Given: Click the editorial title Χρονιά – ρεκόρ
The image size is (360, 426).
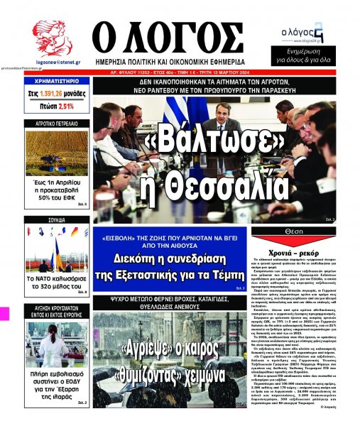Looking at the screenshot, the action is pyautogui.click(x=301, y=253).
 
